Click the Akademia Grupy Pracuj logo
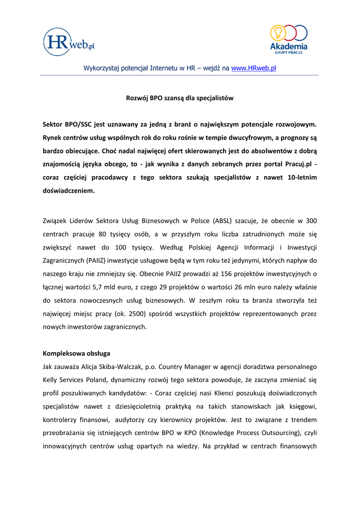[x=288, y=39]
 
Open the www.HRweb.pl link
[x=253, y=67]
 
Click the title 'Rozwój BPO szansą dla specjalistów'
[x=179, y=98]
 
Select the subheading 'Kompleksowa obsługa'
[x=76, y=353]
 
